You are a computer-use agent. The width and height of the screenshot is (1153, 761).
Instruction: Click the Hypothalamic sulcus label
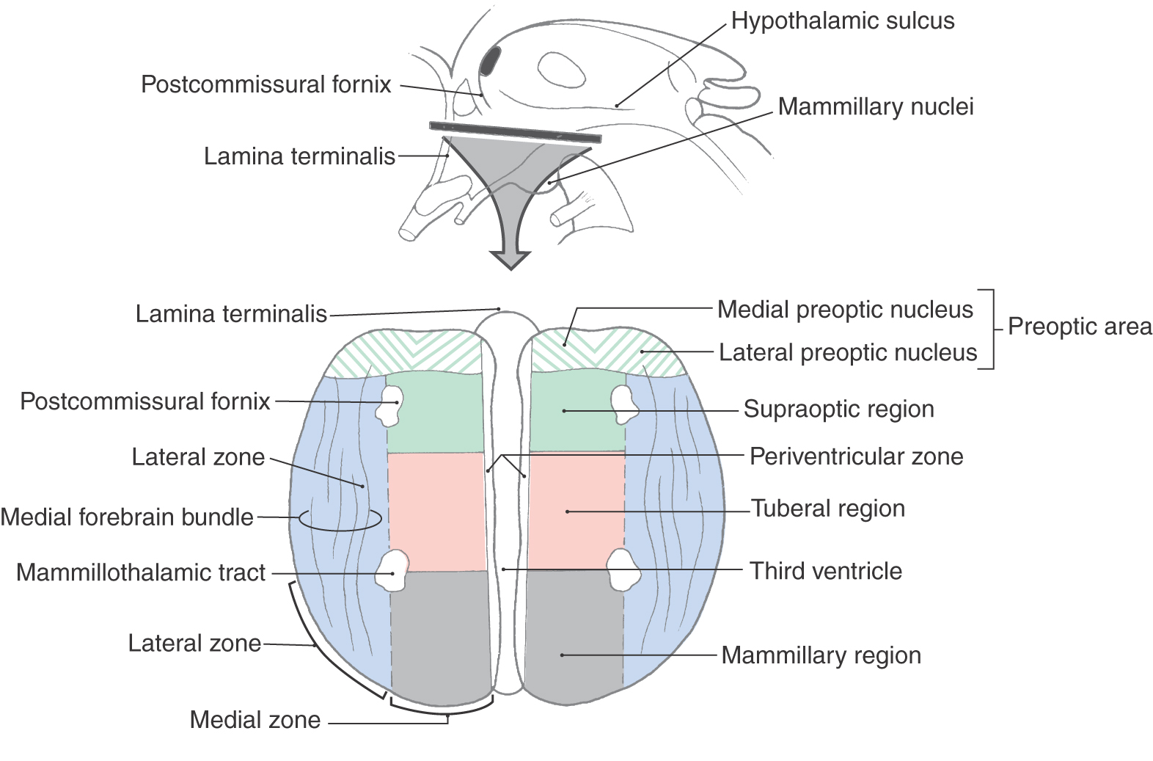[843, 21]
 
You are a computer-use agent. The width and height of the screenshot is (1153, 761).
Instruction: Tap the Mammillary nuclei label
[876, 107]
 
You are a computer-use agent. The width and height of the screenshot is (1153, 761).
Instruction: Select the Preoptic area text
[1080, 327]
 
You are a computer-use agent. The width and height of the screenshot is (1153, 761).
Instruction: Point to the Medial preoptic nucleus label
[845, 310]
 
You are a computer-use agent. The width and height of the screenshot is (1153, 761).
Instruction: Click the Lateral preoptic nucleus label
[848, 353]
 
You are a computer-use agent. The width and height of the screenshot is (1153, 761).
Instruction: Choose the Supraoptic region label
[838, 409]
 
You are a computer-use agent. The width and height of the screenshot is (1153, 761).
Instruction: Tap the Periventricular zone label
[856, 456]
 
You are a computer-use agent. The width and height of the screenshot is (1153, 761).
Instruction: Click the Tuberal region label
[828, 509]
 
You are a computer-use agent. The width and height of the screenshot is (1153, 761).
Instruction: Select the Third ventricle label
[826, 571]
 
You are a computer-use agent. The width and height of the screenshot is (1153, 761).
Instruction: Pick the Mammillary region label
[821, 655]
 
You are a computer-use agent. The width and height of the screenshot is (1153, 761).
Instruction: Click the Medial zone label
[255, 720]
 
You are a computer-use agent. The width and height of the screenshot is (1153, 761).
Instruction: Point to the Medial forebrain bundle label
[127, 517]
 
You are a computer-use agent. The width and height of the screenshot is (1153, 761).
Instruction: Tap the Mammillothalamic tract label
[141, 573]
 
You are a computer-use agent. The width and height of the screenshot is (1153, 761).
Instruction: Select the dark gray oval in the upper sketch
[490, 61]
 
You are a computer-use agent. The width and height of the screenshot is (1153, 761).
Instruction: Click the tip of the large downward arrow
[510, 267]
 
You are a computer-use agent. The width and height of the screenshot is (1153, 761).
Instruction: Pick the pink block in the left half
[436, 511]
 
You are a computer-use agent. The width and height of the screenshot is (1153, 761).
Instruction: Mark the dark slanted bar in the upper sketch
[515, 132]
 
